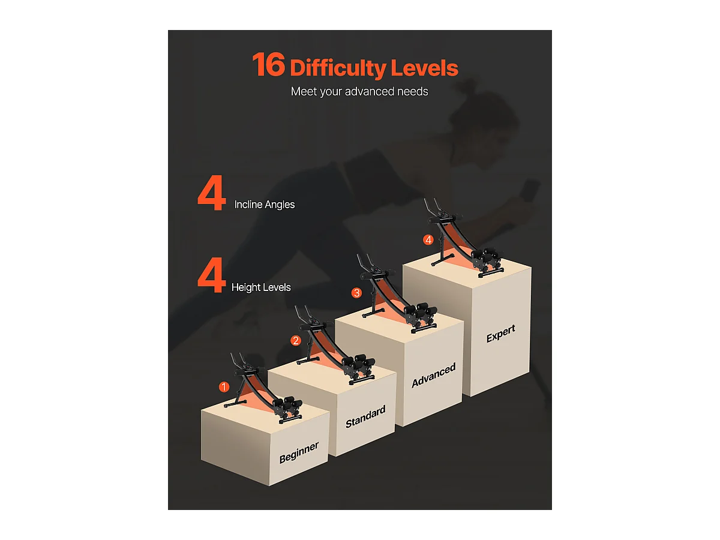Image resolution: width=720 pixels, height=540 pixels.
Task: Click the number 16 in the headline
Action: (269, 65)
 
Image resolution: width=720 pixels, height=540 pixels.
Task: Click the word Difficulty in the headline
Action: (338, 68)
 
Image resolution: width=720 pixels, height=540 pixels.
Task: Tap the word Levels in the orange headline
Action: (424, 68)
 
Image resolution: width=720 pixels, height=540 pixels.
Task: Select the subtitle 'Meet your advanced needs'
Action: (359, 91)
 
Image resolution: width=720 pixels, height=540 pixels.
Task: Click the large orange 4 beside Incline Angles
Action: (212, 193)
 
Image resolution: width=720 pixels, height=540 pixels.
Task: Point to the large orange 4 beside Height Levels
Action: (212, 275)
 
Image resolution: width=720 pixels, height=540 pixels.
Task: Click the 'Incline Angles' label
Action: (265, 205)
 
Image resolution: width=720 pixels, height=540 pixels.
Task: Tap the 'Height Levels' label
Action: (261, 287)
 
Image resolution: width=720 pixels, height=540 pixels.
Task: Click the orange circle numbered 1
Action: (224, 387)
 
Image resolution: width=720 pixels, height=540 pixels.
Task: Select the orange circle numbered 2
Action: (296, 341)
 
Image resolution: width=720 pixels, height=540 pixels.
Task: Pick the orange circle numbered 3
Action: (356, 293)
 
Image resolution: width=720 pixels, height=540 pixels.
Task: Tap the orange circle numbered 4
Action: (428, 239)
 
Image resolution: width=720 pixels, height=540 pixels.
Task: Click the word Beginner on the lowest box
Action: (299, 453)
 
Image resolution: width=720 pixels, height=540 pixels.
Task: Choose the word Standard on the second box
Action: (365, 417)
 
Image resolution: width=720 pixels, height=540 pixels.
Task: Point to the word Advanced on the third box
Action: (434, 375)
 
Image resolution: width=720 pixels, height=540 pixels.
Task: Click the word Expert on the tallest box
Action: (500, 334)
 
